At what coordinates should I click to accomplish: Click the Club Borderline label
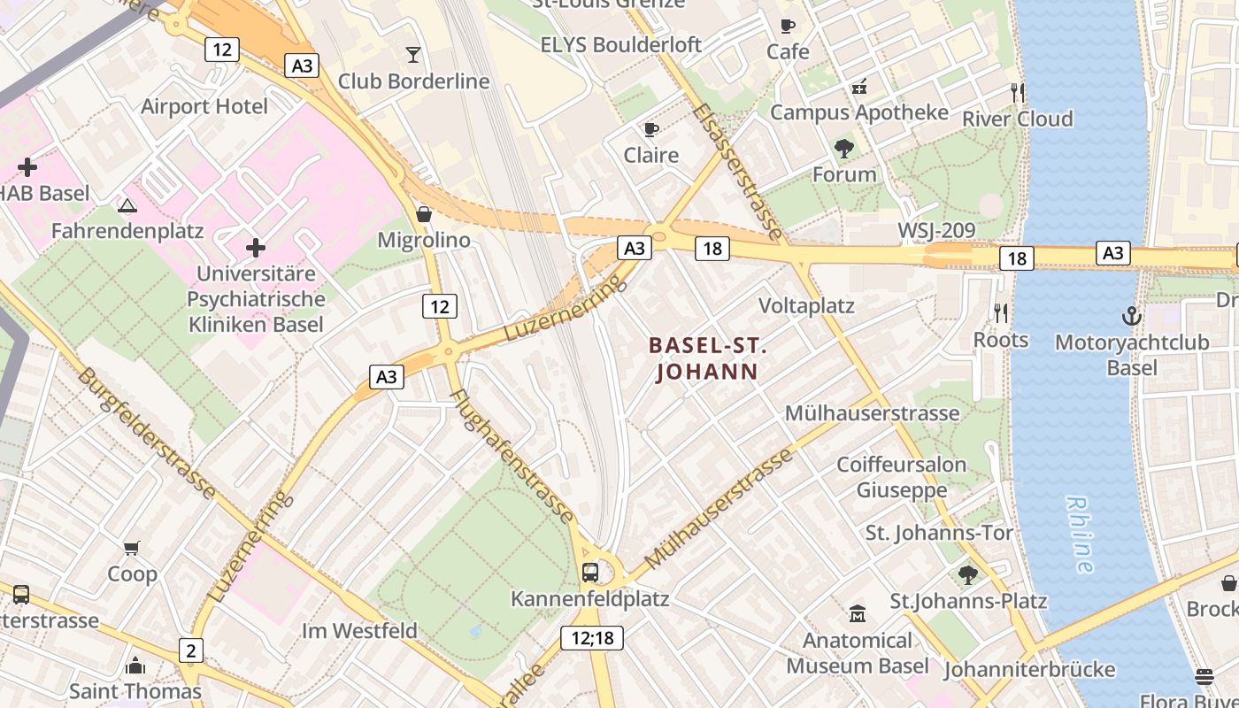point(413,81)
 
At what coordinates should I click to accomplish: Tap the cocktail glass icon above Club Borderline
point(413,55)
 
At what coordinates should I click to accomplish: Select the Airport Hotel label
point(204,107)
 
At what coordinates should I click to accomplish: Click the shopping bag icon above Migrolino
point(424,214)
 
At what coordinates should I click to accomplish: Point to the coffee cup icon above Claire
point(651,130)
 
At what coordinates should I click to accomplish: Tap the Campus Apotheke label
point(858,112)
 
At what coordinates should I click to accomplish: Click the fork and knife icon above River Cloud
point(1018,92)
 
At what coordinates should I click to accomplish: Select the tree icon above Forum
point(844,149)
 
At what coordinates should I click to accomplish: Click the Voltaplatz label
point(806,306)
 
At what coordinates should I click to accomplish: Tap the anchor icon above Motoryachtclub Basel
point(1131,316)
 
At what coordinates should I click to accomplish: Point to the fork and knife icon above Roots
point(1001,312)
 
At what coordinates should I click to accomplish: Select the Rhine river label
point(1081,534)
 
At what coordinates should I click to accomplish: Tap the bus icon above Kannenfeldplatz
point(590,573)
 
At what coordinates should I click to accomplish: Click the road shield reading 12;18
point(592,637)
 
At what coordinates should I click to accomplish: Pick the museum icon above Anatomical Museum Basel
point(857,613)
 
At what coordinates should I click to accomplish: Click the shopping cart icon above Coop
point(132,549)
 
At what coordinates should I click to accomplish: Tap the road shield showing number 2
point(190,651)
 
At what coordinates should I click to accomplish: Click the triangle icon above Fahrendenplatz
point(127,206)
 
